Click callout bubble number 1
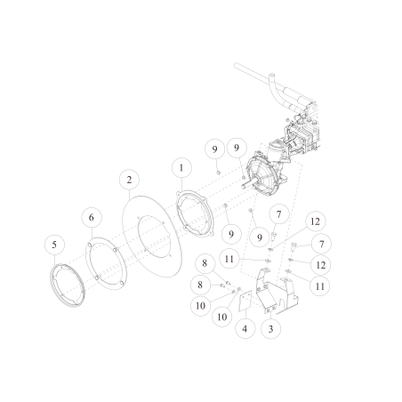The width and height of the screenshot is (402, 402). coord(181,167)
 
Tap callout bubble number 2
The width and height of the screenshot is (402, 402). coord(130,180)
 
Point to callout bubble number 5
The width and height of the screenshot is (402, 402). coord(54,244)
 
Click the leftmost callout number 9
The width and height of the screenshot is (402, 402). coord(214,147)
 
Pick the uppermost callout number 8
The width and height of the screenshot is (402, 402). coord(205,264)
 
